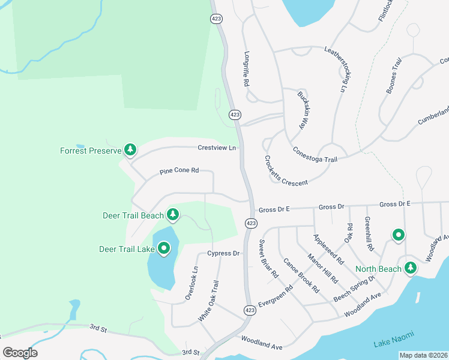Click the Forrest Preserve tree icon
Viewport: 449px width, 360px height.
(x=130, y=150)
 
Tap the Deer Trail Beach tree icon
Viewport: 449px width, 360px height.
(x=173, y=214)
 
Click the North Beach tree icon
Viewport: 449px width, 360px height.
(x=411, y=268)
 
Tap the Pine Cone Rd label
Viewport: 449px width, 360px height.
(x=179, y=171)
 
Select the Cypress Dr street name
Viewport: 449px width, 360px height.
(x=223, y=253)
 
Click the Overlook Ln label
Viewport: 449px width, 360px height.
(x=190, y=283)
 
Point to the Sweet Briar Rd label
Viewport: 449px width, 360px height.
(x=268, y=259)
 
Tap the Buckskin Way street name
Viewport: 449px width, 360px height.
(x=305, y=110)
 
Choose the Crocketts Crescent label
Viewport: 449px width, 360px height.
(x=285, y=171)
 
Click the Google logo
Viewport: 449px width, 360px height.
(x=20, y=352)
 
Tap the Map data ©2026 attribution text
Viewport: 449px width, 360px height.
(x=423, y=355)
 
